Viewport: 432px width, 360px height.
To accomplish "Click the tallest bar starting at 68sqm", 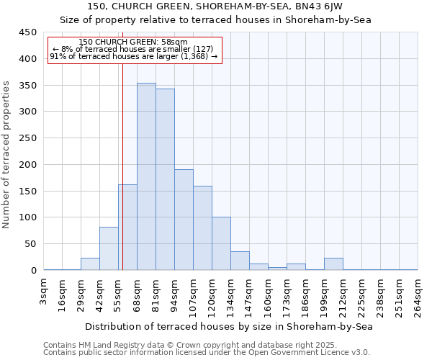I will pyautogui.click(x=146, y=176).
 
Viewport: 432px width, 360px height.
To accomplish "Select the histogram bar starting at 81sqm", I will pyautogui.click(x=165, y=179).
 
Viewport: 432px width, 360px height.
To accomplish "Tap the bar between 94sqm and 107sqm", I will pyautogui.click(x=184, y=220).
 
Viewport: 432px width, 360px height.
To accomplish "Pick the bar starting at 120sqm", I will pyautogui.click(x=221, y=243).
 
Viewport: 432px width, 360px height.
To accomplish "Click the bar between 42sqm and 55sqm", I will pyautogui.click(x=109, y=248).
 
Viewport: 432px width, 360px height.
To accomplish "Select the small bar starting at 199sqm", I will pyautogui.click(x=333, y=264).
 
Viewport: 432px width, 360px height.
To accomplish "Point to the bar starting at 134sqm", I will pyautogui.click(x=240, y=261).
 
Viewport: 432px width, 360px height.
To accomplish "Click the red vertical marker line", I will pyautogui.click(x=122, y=158).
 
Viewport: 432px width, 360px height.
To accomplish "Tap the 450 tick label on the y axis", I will pyautogui.click(x=28, y=32).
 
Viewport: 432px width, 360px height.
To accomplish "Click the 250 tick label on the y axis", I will pyautogui.click(x=28, y=138).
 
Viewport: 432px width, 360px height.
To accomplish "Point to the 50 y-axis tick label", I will pyautogui.click(x=31, y=244).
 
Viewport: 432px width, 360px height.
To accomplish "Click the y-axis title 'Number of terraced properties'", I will pyautogui.click(x=6, y=155).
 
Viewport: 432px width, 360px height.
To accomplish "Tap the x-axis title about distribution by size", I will pyautogui.click(x=228, y=326).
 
